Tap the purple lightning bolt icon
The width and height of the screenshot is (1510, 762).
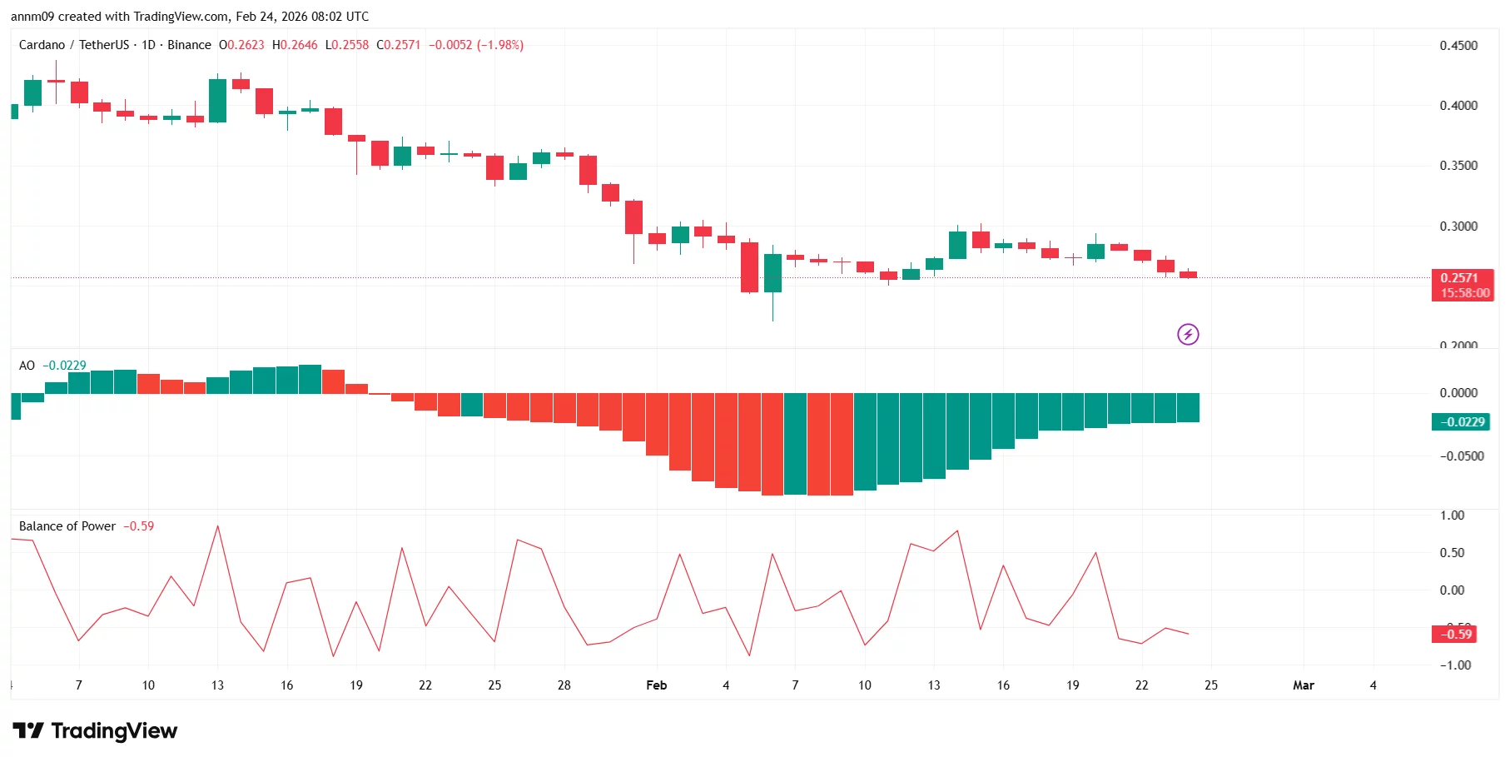[x=1188, y=334]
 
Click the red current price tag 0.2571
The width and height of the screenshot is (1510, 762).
[x=1462, y=278]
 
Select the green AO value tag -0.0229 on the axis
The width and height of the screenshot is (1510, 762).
[x=1462, y=422]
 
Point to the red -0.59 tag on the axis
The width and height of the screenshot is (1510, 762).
[x=1455, y=635]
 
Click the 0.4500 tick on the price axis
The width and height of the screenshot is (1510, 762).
[x=1458, y=46]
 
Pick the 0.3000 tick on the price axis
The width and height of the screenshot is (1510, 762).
[x=1458, y=227]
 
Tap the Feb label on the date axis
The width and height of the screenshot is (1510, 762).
[x=656, y=685]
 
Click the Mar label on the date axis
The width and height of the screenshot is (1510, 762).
[x=1303, y=685]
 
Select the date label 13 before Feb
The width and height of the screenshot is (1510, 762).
[x=217, y=685]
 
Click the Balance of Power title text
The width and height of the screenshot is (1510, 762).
[x=67, y=526]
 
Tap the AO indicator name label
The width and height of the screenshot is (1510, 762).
[x=27, y=366]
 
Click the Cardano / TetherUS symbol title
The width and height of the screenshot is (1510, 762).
[x=74, y=45]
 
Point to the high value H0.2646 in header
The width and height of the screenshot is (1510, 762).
[x=295, y=45]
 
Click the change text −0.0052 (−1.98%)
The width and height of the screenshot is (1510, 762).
[x=476, y=45]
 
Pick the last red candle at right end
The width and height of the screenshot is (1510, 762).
[x=1188, y=274]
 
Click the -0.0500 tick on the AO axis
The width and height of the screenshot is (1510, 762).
[x=1462, y=456]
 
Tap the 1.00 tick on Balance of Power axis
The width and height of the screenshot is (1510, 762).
[x=1452, y=515]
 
